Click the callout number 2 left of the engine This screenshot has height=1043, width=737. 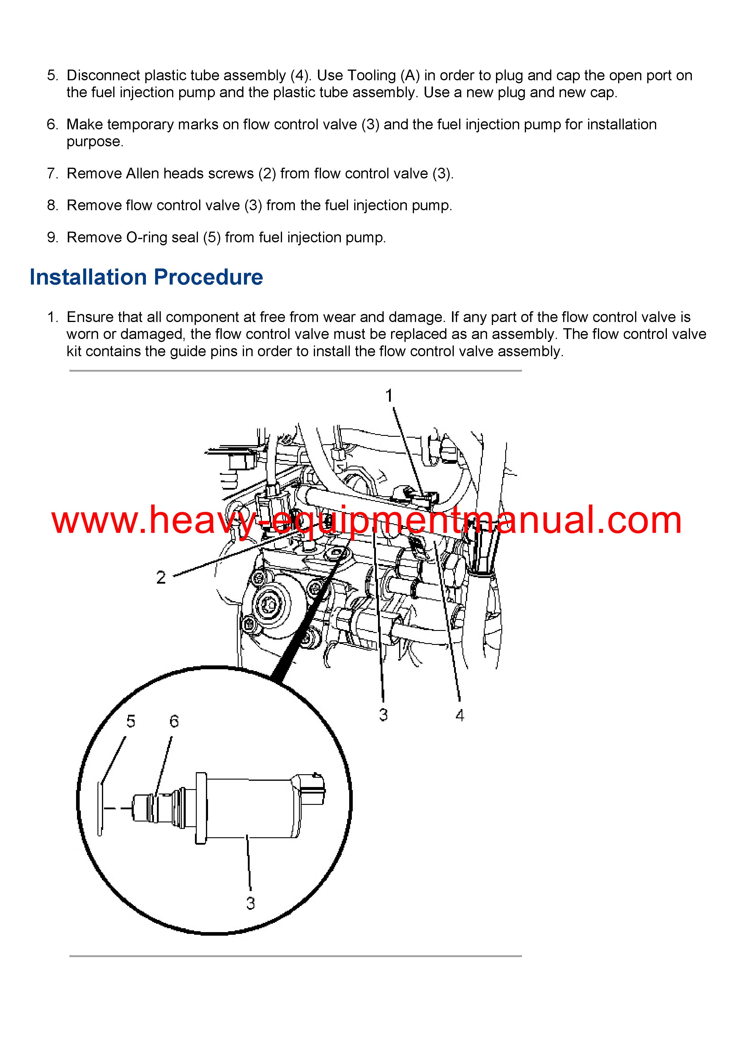[161, 577]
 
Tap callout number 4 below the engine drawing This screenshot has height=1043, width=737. [459, 715]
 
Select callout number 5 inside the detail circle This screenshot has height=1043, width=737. [131, 721]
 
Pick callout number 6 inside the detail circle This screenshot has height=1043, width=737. [174, 721]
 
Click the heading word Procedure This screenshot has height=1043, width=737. [208, 277]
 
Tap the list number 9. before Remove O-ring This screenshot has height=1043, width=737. [53, 237]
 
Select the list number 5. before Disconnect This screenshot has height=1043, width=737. [53, 76]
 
